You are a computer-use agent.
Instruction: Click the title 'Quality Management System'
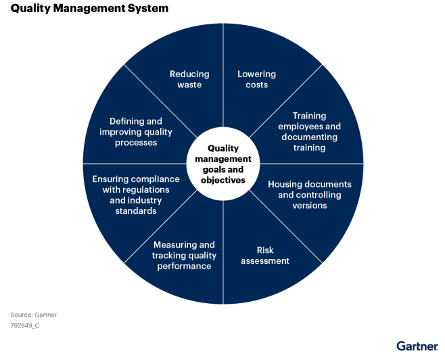pos(89,9)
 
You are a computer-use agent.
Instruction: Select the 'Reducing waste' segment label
pos(189,79)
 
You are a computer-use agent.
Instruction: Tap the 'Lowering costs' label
pos(256,79)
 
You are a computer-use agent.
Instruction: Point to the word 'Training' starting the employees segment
pos(309,116)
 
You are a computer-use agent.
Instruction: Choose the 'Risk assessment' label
pos(265,256)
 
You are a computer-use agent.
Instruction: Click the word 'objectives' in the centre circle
pos(223,180)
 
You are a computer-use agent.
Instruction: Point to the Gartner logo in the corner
pos(417,346)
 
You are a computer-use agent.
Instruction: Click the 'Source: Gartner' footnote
pos(34,315)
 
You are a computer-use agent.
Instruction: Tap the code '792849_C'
pos(25,325)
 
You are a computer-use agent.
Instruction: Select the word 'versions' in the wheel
pos(310,205)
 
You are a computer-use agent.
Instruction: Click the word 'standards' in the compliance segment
pos(136,210)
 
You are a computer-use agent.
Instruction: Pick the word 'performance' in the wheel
pos(184,266)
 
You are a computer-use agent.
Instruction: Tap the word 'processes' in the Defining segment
pos(136,143)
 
